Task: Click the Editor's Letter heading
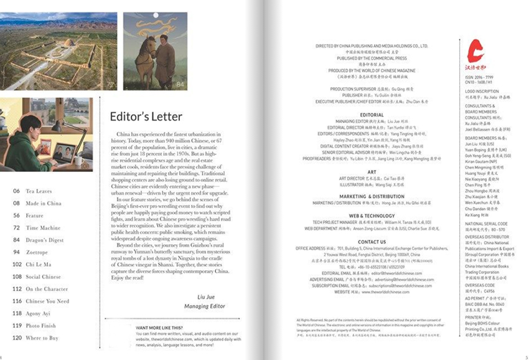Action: point(146,116)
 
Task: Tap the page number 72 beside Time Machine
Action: point(17,228)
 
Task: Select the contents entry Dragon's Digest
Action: point(44,240)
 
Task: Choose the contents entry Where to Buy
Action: point(42,338)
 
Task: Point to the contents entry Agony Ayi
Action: point(39,314)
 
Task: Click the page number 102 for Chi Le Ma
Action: point(17,265)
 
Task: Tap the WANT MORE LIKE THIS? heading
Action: point(159,328)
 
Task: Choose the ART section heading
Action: point(372,172)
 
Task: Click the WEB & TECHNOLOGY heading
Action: point(372,216)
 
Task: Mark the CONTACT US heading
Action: point(372,242)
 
